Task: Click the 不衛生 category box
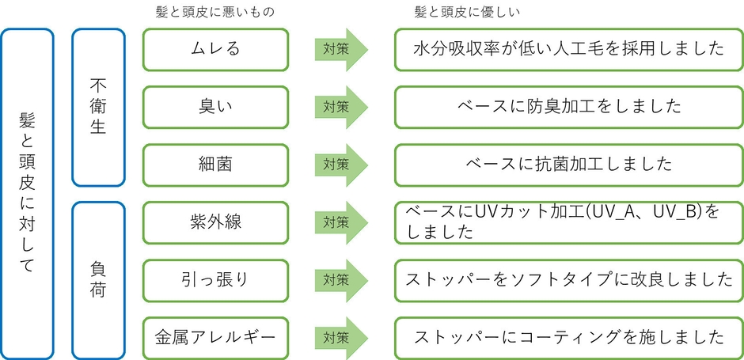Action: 98,107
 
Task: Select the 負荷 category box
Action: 98,280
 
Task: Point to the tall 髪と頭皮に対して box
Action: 28,194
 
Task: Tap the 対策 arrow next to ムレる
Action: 341,48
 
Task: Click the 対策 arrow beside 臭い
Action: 341,106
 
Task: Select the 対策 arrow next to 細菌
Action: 341,164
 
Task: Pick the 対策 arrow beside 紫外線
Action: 341,222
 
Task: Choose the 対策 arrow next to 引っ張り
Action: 341,279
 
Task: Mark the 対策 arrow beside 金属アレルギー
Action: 341,337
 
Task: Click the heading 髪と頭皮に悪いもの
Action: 216,12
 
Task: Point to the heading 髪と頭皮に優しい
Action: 467,12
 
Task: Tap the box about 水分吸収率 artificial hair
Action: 569,48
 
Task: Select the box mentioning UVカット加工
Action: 569,222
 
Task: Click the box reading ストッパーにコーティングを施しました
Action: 569,337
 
